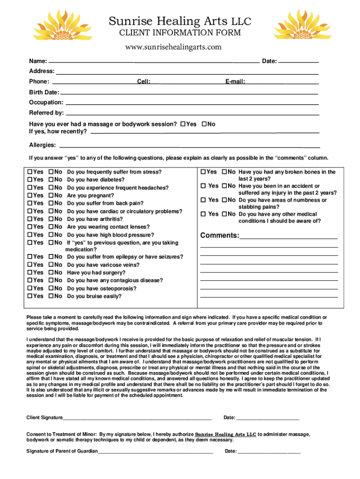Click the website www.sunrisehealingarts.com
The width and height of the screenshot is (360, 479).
coord(173,47)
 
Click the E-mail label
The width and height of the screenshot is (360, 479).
coord(235,82)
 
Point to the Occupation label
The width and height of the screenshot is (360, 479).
coord(46,102)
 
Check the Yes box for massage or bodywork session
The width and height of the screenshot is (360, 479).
coord(183,124)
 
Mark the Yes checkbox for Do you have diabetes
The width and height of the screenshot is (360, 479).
coord(30,180)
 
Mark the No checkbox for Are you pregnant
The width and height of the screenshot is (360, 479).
coord(51,196)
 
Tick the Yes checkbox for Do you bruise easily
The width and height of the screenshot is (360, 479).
coord(30,296)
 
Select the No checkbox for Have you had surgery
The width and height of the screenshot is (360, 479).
coord(51,273)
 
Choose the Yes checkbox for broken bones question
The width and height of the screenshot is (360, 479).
coord(203,172)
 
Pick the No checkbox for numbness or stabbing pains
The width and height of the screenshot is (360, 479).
coord(224,200)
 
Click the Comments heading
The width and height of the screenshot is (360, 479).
coord(219,235)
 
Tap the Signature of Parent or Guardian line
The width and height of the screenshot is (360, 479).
coord(155,451)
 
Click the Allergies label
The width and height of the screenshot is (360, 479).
coord(43,145)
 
